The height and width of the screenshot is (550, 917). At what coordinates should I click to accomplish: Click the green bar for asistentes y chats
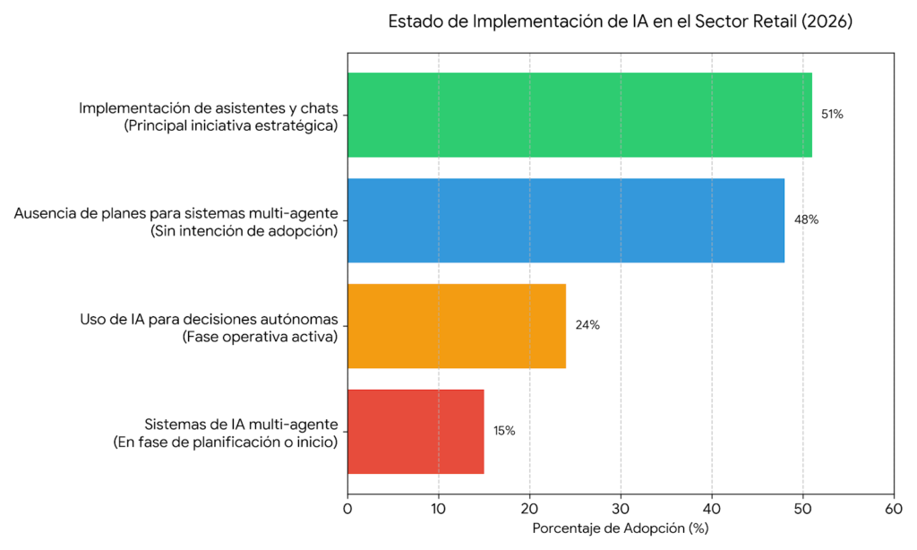(x=579, y=115)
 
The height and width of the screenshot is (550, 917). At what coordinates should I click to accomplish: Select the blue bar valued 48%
(x=566, y=220)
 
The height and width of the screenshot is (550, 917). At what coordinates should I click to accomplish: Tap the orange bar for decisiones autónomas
(x=457, y=325)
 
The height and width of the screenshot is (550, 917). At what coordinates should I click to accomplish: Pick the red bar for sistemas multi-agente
(x=416, y=431)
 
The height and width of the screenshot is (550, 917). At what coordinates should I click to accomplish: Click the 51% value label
(x=832, y=115)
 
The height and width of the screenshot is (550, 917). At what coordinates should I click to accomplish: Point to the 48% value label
(x=805, y=219)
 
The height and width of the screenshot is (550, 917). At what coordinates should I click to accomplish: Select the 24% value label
(x=587, y=325)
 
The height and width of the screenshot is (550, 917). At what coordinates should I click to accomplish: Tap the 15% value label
(x=504, y=431)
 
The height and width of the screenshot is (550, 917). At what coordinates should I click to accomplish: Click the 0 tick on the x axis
(x=347, y=508)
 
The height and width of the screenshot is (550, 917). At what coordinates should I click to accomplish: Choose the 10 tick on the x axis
(x=439, y=508)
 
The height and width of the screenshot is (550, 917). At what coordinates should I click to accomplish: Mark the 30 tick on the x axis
(x=621, y=508)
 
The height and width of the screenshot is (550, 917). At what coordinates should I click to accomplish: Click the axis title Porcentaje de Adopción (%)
(x=621, y=529)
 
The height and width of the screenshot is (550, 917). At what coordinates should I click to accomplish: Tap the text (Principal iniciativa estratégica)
(x=231, y=126)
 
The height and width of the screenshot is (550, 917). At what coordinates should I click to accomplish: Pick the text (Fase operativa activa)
(x=259, y=337)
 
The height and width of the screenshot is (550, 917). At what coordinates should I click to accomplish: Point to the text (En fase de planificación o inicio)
(x=225, y=443)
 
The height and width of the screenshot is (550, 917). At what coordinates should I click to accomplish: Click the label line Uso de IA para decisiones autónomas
(x=209, y=319)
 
